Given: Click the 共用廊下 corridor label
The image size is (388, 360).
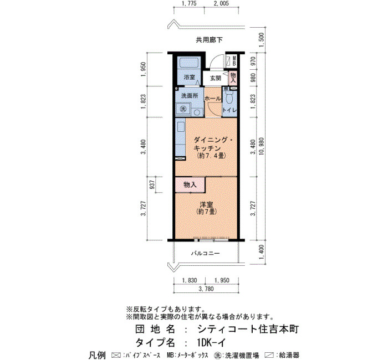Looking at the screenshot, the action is coord(209,40).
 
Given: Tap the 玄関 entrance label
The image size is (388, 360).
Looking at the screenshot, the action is coord(215,78).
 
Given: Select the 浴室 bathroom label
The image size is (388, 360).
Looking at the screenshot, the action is coord(190,77).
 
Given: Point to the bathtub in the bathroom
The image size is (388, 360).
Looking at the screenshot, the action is coord(189,62).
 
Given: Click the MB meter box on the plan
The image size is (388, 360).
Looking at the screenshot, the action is coord(234,61).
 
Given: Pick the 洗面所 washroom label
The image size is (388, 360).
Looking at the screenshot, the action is coord(190,96).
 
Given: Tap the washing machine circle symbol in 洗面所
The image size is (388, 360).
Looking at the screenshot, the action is coord(183,109).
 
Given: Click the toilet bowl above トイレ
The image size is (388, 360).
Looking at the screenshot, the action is coord(229,98).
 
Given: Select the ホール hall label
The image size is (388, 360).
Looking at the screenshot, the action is coord(213,99).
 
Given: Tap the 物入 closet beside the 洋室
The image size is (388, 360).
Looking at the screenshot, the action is coord(190,184).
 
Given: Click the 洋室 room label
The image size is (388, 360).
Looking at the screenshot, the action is coord(206,204).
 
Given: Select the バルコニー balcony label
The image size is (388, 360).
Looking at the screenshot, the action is coord(206,254).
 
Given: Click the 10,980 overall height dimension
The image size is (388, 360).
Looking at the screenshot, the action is coord(262,146).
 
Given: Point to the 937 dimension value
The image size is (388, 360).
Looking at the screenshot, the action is coord(152,184).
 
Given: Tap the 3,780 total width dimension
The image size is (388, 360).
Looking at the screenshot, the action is coord(206,289).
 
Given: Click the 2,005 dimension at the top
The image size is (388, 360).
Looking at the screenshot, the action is coord(221,3).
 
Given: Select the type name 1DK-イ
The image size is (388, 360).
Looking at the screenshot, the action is coord(212,343).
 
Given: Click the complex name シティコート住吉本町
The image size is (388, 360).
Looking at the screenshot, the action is coord(248,329).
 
